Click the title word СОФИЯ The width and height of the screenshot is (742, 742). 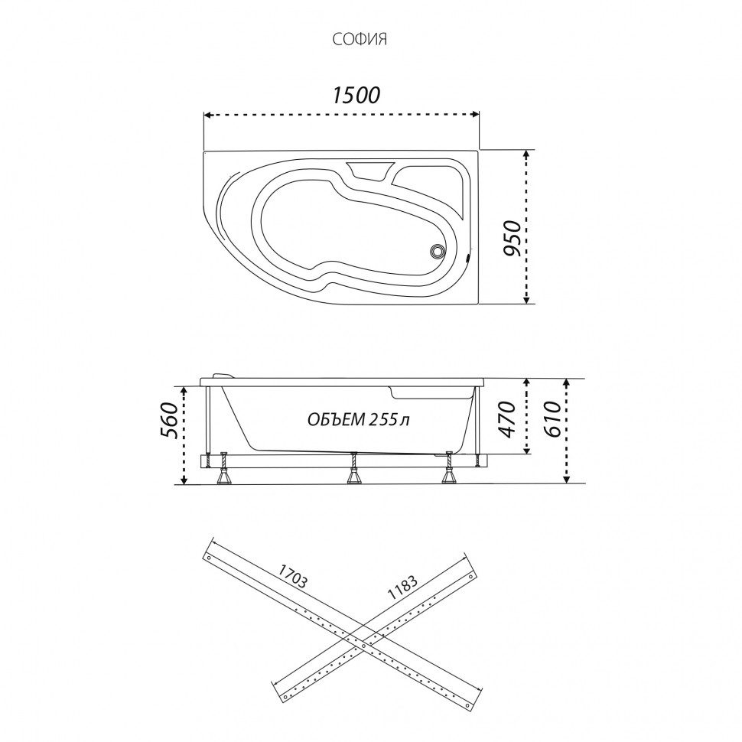coord(360,39)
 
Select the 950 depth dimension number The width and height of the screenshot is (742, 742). coord(512,238)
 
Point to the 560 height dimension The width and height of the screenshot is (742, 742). coord(170,421)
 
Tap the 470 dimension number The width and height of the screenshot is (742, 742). coord(507,419)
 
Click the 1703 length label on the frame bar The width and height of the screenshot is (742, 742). coord(292,576)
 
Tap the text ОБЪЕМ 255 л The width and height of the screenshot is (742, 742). coord(358,419)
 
